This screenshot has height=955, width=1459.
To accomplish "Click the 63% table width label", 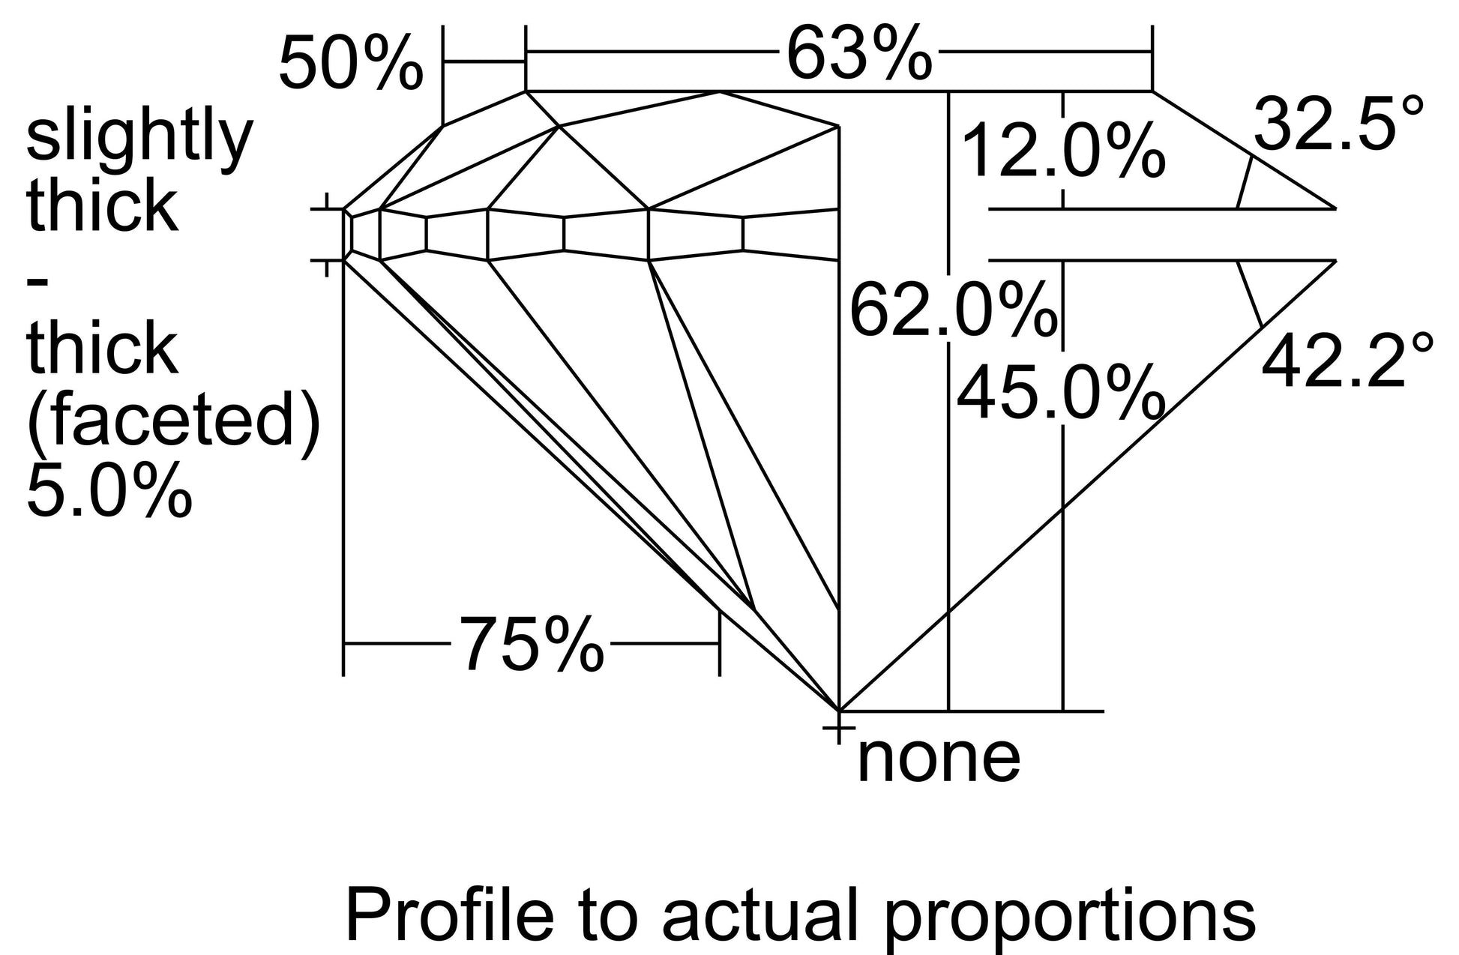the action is pos(858,54).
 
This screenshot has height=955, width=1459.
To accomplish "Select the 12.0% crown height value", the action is pos(1063,152).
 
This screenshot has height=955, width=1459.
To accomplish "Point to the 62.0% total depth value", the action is pos(953,309).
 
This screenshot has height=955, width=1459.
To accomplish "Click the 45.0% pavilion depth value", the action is pos(1061,393).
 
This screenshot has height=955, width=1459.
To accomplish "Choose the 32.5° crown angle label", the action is pos(1338,123).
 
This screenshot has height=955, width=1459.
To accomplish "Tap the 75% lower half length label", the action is pos(532,644).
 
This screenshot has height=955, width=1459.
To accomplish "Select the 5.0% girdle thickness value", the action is pos(109,490).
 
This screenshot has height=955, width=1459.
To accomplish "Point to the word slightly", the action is pos(140,139).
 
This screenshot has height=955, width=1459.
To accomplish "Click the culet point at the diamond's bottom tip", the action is pos(838,710).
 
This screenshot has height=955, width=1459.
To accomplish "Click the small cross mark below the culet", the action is pos(838,727).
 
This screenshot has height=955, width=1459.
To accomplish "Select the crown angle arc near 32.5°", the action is pos(1245,182).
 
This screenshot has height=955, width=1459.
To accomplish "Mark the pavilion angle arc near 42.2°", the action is pos(1250,294).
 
